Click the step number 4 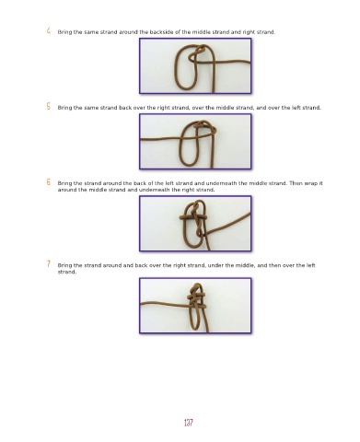point(49,30)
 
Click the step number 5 point(49,106)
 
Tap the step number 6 point(49,181)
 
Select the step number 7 point(49,263)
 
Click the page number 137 point(189,423)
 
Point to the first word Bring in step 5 point(64,108)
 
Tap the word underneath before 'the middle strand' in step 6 point(221,183)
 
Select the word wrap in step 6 point(311,183)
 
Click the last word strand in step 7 point(67,272)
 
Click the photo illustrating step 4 point(195,65)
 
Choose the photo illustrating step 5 point(195,142)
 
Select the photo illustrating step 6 point(195,224)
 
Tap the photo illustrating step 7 point(195,306)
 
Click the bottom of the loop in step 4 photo point(185,88)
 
